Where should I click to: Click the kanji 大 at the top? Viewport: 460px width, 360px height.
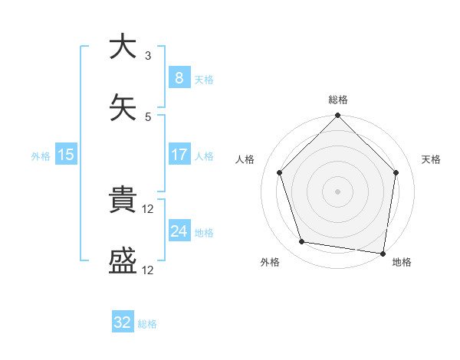tap(123, 47)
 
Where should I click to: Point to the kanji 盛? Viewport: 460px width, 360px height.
tap(123, 261)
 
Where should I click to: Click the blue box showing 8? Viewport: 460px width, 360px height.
tap(179, 77)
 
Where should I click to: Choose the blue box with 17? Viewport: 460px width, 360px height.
tap(179, 155)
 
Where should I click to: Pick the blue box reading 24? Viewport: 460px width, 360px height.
tap(179, 231)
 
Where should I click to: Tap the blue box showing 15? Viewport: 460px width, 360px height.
tap(66, 155)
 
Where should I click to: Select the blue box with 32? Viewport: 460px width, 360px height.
tap(123, 322)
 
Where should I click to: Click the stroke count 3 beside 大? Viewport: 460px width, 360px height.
tap(148, 56)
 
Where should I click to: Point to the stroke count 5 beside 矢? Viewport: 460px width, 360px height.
tap(148, 117)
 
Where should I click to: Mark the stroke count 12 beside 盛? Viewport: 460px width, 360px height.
tap(149, 270)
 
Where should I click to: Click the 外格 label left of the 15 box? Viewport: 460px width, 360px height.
tap(41, 156)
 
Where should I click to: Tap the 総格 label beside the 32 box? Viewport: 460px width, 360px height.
tap(147, 324)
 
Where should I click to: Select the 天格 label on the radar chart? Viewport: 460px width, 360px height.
tap(431, 159)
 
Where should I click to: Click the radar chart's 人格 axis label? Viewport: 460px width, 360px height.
tap(245, 159)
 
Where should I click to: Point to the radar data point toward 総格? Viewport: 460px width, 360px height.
tap(337, 116)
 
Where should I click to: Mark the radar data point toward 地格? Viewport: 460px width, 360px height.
tap(383, 253)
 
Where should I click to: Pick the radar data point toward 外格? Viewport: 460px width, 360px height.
tap(302, 242)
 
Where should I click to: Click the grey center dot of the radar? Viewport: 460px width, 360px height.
tap(337, 191)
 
